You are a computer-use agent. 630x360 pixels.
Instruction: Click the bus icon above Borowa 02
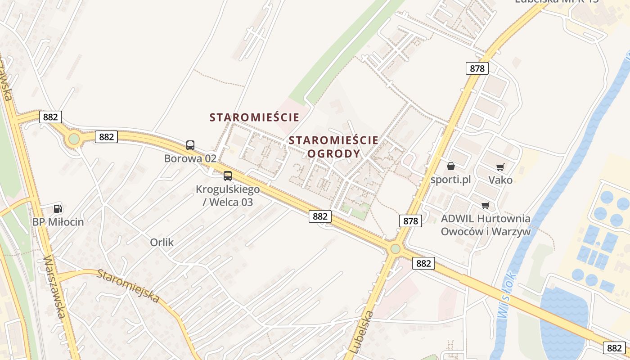point(190,145)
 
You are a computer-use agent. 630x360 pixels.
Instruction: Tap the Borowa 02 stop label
point(190,158)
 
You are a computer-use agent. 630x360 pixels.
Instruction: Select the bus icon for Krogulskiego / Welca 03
point(228,176)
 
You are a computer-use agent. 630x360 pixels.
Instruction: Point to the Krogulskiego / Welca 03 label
point(228,195)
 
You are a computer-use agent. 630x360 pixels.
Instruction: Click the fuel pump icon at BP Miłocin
point(58,208)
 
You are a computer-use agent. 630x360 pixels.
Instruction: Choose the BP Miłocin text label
point(58,222)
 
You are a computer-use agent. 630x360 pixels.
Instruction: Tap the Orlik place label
point(162,243)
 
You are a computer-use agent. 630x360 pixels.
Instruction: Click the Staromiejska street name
point(129,286)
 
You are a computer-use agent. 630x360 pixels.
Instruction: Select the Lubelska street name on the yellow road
point(361,331)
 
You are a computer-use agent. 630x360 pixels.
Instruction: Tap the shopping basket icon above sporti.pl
point(450,166)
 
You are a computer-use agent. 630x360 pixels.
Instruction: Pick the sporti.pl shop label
point(450,180)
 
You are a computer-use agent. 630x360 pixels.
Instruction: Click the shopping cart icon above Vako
point(500,167)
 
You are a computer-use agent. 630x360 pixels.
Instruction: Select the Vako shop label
point(500,180)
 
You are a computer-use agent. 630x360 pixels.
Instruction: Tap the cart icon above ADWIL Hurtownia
point(485,205)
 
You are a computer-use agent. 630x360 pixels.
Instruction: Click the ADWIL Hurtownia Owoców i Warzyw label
point(486,225)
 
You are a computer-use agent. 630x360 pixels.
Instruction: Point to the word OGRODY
point(333,153)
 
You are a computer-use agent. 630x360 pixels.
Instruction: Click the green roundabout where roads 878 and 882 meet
point(395,248)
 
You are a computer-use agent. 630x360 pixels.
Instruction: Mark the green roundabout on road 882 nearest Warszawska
point(74,139)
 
